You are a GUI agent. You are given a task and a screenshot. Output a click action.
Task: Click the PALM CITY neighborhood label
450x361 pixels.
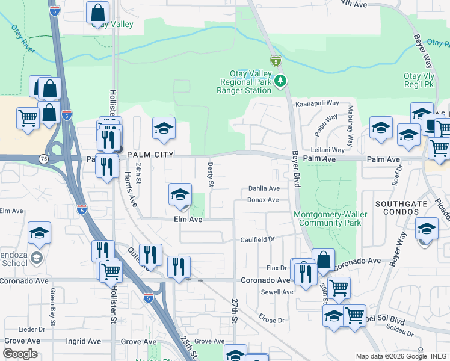[x=150, y=155]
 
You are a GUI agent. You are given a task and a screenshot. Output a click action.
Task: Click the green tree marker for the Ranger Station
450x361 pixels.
[x=279, y=81]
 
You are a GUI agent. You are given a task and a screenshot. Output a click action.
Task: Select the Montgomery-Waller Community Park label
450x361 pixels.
[x=327, y=218]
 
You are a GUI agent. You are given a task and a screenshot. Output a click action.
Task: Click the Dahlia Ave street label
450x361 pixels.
[x=264, y=188]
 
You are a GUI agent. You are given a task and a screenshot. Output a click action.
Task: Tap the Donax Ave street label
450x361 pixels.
[x=263, y=200]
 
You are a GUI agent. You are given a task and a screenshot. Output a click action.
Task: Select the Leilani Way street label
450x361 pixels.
[x=327, y=150]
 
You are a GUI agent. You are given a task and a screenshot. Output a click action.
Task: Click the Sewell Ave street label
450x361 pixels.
[x=277, y=292]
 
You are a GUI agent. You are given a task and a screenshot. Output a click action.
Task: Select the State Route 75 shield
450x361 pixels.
[x=44, y=159]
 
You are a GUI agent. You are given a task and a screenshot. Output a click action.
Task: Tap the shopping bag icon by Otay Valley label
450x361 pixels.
[x=97, y=13]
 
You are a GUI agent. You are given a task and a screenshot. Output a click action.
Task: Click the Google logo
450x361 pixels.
[x=20, y=354]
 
